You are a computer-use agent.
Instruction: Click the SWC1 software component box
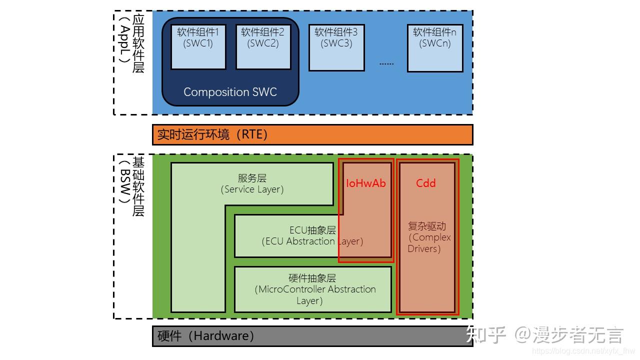coord(198,47)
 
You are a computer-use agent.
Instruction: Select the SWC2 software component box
coord(263,47)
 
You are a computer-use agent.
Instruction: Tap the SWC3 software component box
coord(336,47)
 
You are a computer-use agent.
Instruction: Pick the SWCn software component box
coord(434,47)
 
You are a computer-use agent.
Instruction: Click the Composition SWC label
coord(230,92)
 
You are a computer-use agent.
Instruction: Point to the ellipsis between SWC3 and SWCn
coord(386,63)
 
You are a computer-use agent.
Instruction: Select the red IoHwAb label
coord(366,183)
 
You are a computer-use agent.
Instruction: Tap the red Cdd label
coord(426,183)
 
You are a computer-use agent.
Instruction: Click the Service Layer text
coord(252,184)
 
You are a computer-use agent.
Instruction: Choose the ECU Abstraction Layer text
coord(312,236)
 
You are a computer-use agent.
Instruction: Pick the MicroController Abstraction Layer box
coord(312,289)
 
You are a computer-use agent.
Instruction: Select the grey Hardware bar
coord(312,336)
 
